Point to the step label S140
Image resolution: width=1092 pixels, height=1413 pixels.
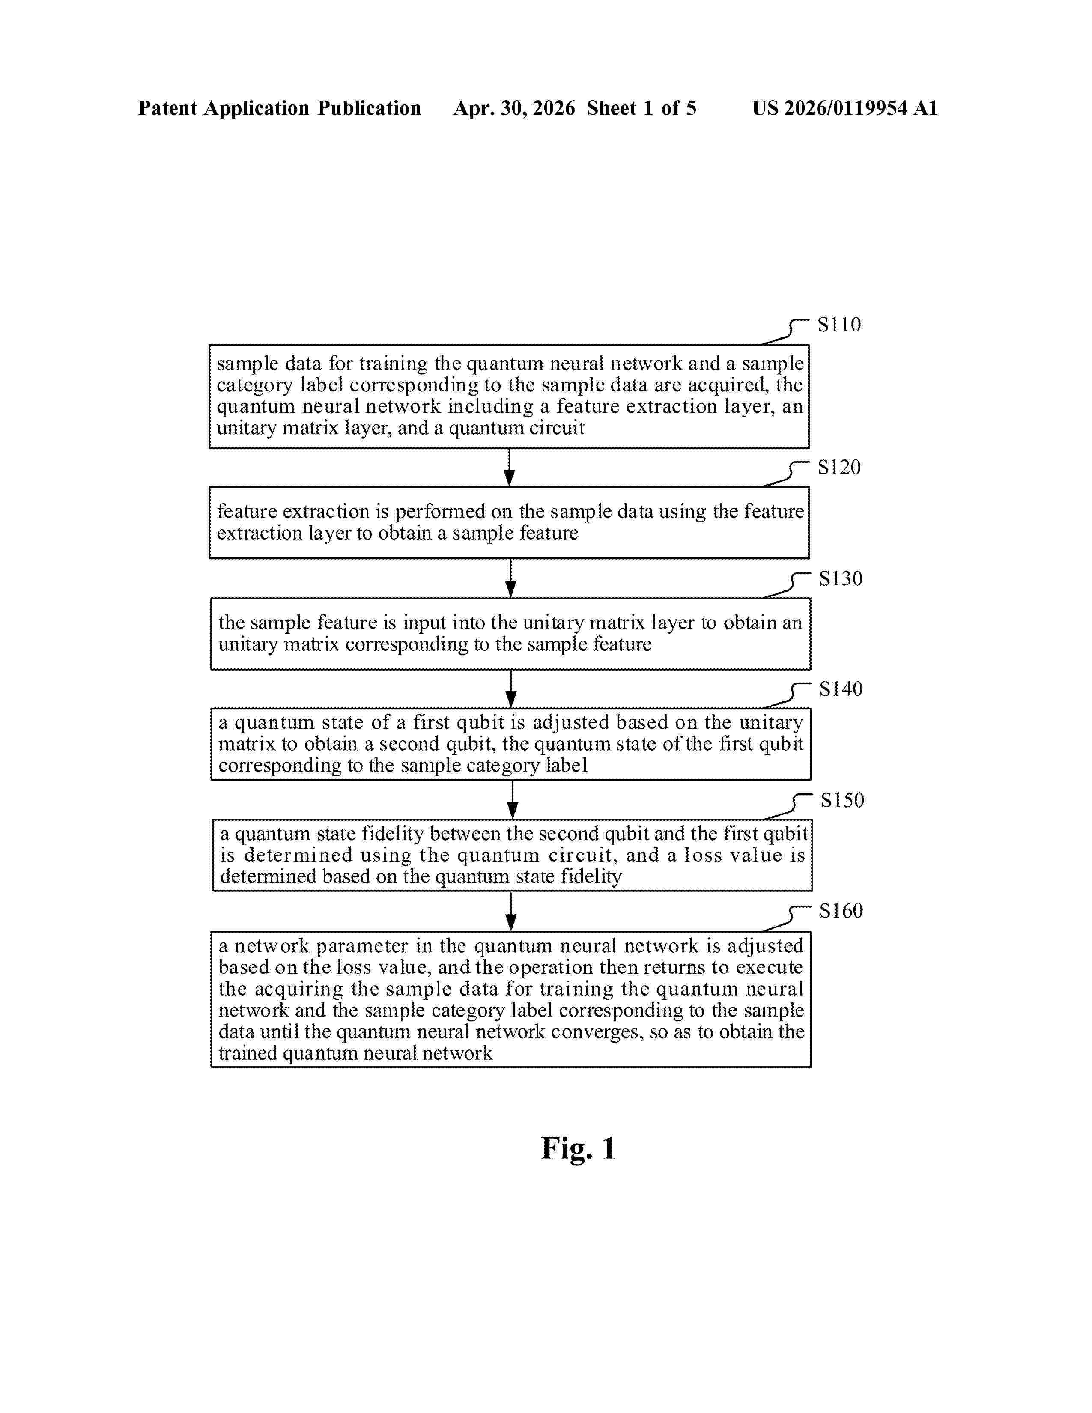(x=841, y=689)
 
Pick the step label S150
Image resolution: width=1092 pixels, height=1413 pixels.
(x=842, y=800)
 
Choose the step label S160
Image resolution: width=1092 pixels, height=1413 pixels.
(x=841, y=911)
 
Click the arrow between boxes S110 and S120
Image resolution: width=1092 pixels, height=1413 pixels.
(x=509, y=467)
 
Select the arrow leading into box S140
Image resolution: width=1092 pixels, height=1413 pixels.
(x=511, y=689)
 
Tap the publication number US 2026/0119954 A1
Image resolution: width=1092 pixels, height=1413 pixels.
(x=845, y=108)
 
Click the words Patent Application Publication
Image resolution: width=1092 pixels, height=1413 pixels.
(x=280, y=108)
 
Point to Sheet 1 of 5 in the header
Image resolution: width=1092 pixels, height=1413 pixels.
(x=642, y=108)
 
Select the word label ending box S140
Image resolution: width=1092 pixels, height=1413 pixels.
(x=567, y=766)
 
